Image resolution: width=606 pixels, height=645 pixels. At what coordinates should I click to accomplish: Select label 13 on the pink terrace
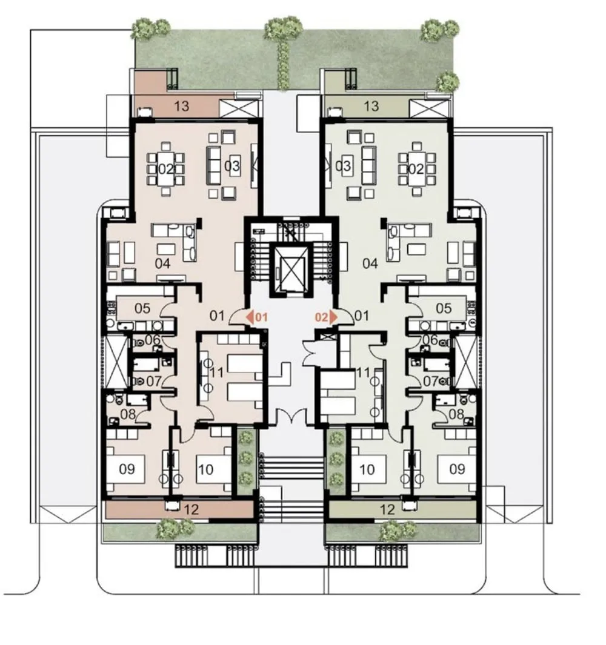pyautogui.click(x=182, y=106)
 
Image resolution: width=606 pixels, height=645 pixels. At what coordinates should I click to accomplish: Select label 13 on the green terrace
pyautogui.click(x=371, y=106)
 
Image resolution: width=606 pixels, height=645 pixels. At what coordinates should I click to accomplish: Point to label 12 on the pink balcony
pyautogui.click(x=191, y=510)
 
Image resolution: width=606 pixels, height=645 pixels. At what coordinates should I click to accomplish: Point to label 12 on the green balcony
pyautogui.click(x=387, y=510)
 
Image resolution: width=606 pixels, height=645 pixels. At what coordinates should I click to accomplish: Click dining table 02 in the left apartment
pyautogui.click(x=166, y=168)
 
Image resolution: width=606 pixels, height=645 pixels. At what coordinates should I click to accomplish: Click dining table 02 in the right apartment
pyautogui.click(x=416, y=168)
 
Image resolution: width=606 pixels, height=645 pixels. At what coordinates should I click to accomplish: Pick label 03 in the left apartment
pyautogui.click(x=231, y=166)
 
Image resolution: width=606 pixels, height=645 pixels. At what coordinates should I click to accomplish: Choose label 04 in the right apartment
pyautogui.click(x=370, y=263)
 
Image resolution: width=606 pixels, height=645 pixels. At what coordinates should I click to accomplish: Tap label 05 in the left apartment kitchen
pyautogui.click(x=142, y=308)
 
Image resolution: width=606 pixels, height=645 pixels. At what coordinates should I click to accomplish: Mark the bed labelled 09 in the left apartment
pyautogui.click(x=126, y=469)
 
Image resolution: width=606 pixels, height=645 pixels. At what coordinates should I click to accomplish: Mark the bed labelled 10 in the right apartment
pyautogui.click(x=368, y=469)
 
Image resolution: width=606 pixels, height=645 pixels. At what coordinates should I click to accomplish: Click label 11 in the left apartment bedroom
pyautogui.click(x=216, y=372)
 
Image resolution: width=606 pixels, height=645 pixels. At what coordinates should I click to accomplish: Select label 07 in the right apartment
pyautogui.click(x=431, y=381)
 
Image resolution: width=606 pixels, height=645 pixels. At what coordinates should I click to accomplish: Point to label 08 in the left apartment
pyautogui.click(x=128, y=414)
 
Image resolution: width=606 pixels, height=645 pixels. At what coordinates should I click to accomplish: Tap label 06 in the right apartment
pyautogui.click(x=430, y=340)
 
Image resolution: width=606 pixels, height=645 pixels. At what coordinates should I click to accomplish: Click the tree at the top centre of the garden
pyautogui.click(x=283, y=29)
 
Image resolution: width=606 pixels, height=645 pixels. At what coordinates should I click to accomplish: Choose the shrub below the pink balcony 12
pyautogui.click(x=175, y=528)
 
